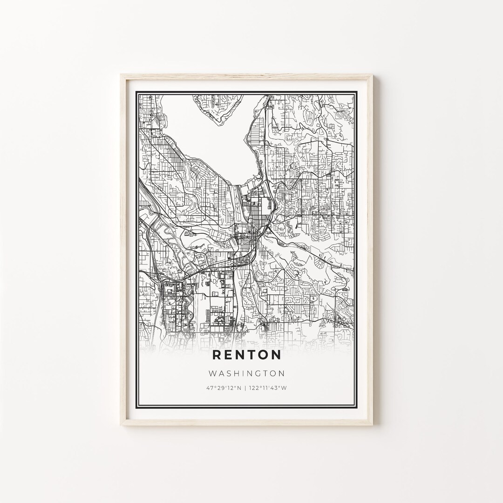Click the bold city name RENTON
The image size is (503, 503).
click(247, 355)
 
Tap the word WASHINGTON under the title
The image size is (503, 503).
click(247, 373)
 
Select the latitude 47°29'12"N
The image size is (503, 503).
click(224, 387)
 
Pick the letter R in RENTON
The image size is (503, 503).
click(217, 355)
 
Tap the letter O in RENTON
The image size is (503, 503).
click(264, 355)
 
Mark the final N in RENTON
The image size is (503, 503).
click(277, 355)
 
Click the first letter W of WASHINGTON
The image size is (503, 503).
click(212, 373)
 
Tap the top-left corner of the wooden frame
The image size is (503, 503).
click(122, 75)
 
